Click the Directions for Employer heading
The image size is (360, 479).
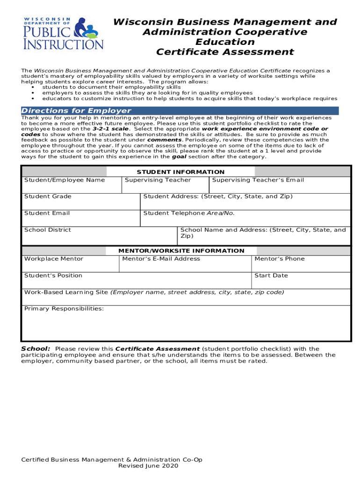click(76, 111)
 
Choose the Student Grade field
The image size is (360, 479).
click(81, 202)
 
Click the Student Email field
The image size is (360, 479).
click(81, 218)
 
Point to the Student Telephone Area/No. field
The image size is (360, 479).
click(245, 218)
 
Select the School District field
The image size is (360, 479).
click(99, 235)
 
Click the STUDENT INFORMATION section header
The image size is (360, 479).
click(180, 172)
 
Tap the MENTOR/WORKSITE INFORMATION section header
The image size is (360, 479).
click(181, 251)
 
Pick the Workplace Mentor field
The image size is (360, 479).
click(70, 264)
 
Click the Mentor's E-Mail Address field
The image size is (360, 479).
click(185, 264)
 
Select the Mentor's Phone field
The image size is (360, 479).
click(301, 264)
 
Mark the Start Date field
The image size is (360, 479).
click(301, 281)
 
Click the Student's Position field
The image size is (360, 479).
click(137, 281)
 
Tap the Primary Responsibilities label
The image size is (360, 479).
click(64, 309)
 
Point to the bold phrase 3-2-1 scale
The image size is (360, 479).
click(110, 129)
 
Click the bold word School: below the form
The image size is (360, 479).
click(36, 349)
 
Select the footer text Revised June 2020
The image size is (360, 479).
click(145, 466)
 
